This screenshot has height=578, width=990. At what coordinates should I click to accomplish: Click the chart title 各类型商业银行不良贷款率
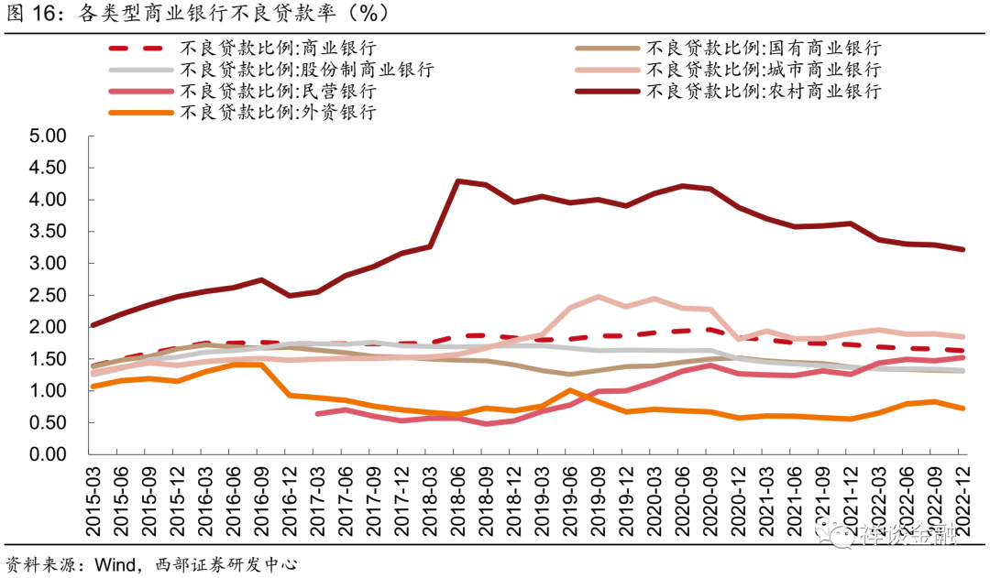click(x=220, y=13)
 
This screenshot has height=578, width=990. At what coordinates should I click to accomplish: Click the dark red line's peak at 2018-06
click(x=457, y=180)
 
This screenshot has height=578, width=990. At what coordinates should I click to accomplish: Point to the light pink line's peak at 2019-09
click(x=598, y=297)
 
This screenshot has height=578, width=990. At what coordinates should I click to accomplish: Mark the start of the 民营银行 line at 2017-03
click(x=317, y=414)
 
